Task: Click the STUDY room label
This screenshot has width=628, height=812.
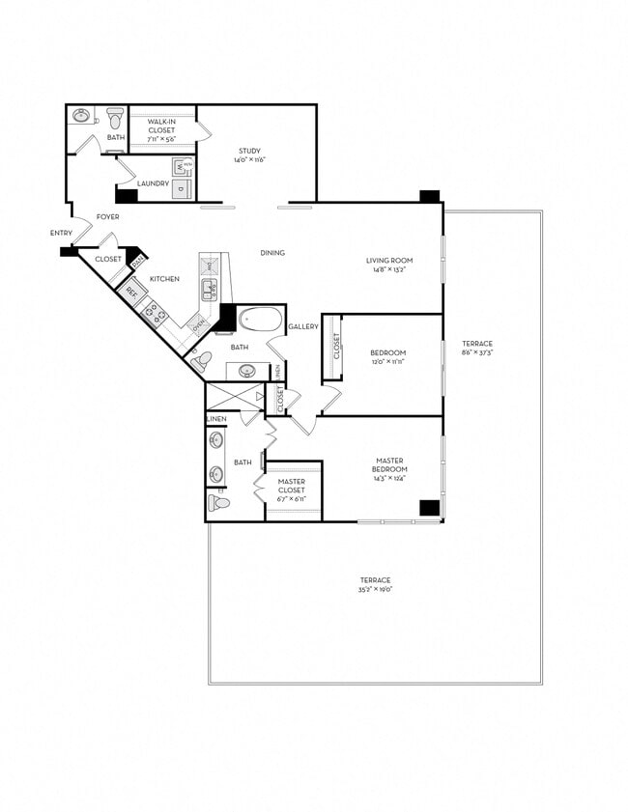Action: pos(250,151)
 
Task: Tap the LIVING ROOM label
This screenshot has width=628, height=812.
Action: pos(389,260)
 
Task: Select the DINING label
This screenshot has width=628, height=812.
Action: pos(272,253)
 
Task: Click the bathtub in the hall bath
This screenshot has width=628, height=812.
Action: pos(258,319)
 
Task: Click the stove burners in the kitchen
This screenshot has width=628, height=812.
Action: pos(154,311)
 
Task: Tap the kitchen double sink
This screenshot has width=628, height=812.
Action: pos(210,289)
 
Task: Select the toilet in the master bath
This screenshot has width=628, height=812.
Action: pos(218,503)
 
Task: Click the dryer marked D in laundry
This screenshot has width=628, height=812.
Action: pos(182,189)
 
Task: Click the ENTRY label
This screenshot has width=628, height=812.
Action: pos(61,234)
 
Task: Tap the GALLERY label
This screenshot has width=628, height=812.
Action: pos(302,327)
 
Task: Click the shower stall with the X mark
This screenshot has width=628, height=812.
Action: pos(235,397)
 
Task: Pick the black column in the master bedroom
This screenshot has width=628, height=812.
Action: pos(429,509)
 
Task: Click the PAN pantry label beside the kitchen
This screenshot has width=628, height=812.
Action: pos(138,261)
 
